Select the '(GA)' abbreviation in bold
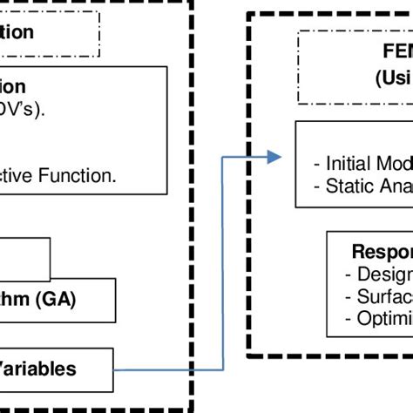(58, 300)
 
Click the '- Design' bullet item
(380, 274)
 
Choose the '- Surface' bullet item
(380, 296)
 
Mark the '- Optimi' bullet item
(380, 318)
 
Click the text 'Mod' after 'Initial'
(393, 163)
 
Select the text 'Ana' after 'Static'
(395, 185)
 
